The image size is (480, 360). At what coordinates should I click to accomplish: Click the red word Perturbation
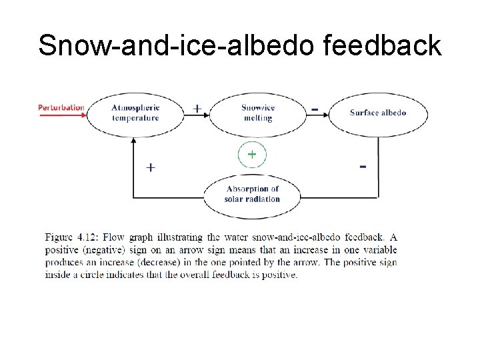pyautogui.click(x=61, y=107)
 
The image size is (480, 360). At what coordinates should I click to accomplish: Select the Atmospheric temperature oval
pyautogui.click(x=135, y=113)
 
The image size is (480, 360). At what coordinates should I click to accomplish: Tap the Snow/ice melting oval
pyautogui.click(x=257, y=113)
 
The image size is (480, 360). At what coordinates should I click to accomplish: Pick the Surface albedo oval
pyautogui.click(x=378, y=113)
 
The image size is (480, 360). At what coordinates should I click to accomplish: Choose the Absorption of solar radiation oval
pyautogui.click(x=252, y=194)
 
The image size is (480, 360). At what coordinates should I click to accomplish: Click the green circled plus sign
pyautogui.click(x=252, y=155)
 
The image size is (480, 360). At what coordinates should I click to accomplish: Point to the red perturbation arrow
pyautogui.click(x=63, y=115)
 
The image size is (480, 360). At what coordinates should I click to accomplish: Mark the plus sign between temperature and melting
pyautogui.click(x=197, y=107)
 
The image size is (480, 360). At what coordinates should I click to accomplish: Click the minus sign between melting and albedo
pyautogui.click(x=315, y=107)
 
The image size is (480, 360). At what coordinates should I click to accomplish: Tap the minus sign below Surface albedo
pyautogui.click(x=363, y=165)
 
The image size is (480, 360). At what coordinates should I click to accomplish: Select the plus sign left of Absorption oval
pyautogui.click(x=151, y=167)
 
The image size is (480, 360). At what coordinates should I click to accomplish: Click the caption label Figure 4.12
pyautogui.click(x=71, y=237)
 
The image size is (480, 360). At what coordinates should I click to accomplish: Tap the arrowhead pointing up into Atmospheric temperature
pyautogui.click(x=134, y=141)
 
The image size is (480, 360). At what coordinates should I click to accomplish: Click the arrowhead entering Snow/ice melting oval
pyautogui.click(x=207, y=114)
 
